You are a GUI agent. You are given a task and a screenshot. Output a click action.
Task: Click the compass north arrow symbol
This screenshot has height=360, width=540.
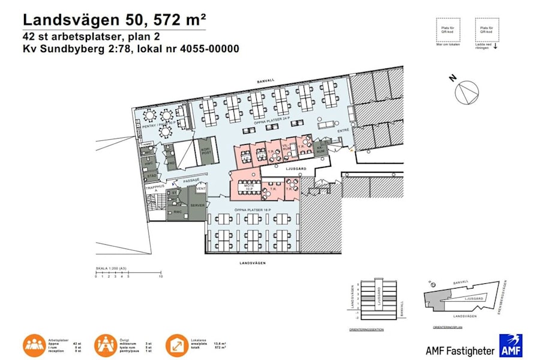467,93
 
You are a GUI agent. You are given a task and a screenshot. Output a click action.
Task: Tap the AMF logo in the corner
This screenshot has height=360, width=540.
511,346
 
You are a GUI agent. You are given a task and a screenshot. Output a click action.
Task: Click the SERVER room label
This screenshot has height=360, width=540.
197,205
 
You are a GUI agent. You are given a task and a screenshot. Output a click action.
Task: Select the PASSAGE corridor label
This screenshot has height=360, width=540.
191,179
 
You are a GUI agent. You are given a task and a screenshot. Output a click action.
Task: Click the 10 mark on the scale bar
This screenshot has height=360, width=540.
160,277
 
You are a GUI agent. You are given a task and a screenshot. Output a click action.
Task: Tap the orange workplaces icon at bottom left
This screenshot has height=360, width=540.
35,345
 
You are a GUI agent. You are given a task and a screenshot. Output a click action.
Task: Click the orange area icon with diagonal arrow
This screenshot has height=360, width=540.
178,345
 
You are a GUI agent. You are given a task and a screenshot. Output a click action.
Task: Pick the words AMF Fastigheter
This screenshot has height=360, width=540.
460,350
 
